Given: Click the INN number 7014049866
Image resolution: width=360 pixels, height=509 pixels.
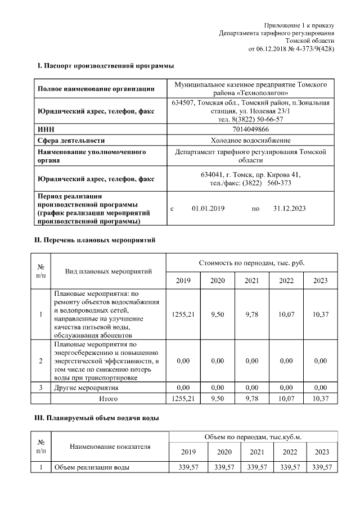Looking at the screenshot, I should click(250, 130).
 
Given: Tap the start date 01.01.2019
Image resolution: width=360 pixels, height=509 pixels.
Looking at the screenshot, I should click(208, 209).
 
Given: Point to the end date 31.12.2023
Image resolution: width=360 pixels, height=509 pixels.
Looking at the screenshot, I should click(289, 209).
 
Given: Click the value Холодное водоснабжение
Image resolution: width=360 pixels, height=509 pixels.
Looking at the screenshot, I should click(251, 140).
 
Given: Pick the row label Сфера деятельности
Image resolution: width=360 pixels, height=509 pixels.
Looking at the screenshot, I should click(71, 141).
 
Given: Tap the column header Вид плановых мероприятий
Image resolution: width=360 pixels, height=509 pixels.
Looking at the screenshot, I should click(109, 272).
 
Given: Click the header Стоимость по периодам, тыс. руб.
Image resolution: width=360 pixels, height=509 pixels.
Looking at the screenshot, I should click(252, 263).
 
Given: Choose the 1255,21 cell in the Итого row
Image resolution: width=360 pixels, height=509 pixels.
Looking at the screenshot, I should click(183, 398).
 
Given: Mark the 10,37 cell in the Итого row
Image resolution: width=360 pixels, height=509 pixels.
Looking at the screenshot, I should click(321, 398).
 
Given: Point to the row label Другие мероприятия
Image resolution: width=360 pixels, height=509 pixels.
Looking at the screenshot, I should click(86, 388).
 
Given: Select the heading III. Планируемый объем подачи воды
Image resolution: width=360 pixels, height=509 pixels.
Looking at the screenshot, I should click(98, 418).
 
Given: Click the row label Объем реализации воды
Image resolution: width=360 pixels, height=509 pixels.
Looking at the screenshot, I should click(92, 467).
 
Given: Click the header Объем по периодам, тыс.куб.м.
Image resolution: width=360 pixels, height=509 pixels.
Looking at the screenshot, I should click(252, 437).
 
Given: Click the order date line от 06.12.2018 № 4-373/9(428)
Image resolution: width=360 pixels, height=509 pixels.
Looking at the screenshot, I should click(291, 49).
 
